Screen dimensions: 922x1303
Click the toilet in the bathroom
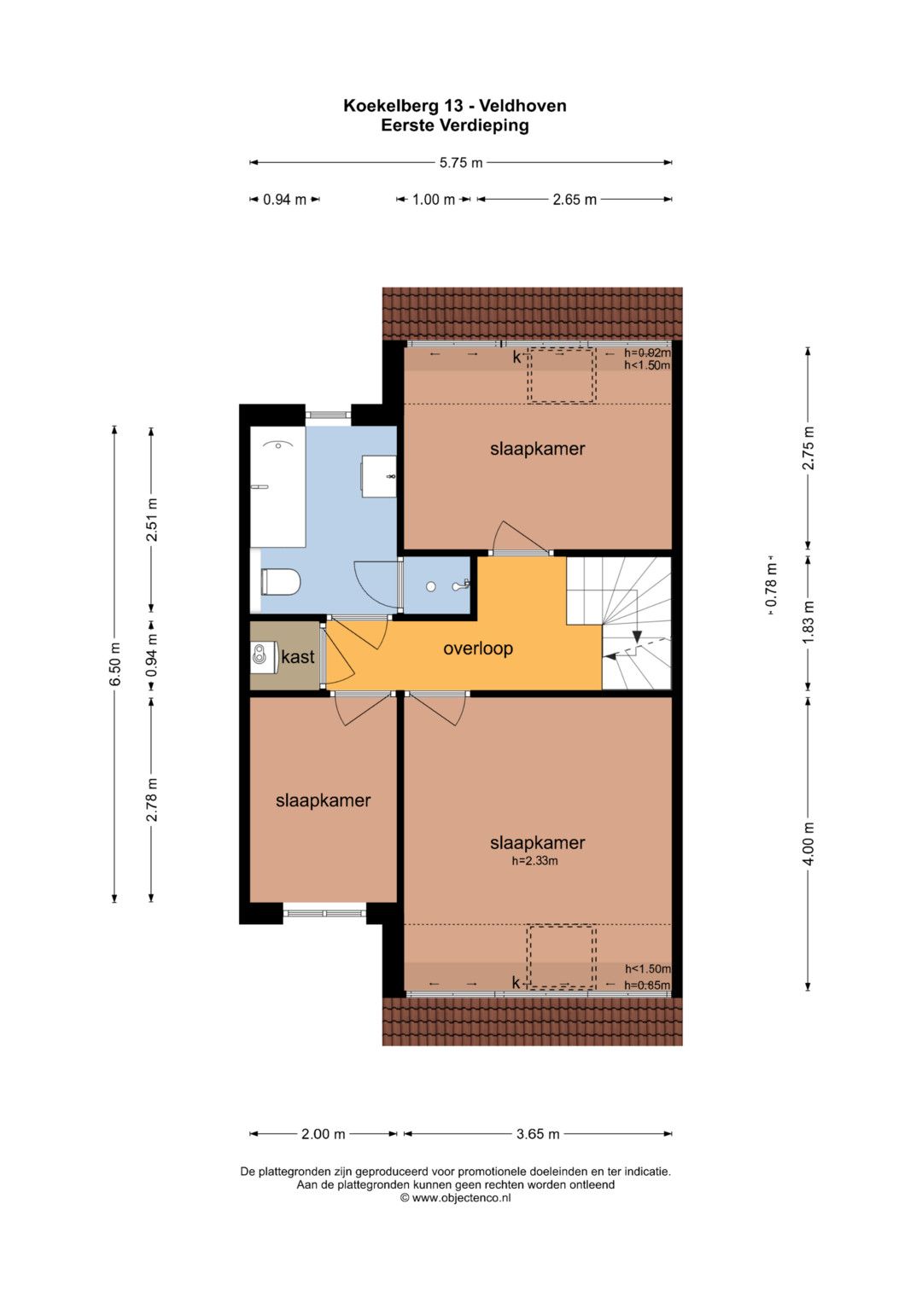click(280, 582)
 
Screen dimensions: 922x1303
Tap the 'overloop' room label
click(478, 649)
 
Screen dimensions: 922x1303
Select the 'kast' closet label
click(297, 657)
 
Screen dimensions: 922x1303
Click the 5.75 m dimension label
click(461, 163)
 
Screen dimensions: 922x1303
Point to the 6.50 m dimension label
click(115, 664)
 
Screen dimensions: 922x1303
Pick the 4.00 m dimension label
click(808, 844)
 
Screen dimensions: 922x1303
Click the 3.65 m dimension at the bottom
click(538, 1134)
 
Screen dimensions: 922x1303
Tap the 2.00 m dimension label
click(323, 1134)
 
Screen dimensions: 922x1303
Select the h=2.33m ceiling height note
click(535, 861)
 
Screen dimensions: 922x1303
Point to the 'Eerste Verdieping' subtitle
click(454, 125)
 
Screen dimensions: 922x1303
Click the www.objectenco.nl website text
click(461, 1198)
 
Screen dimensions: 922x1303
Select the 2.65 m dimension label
click(575, 200)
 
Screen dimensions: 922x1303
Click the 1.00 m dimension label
click(434, 200)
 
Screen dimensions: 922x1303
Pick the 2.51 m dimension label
click(152, 520)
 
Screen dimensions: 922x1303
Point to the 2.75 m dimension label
click(808, 448)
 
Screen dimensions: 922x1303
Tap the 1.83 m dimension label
click(808, 622)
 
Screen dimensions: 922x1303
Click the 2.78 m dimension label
click(152, 800)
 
